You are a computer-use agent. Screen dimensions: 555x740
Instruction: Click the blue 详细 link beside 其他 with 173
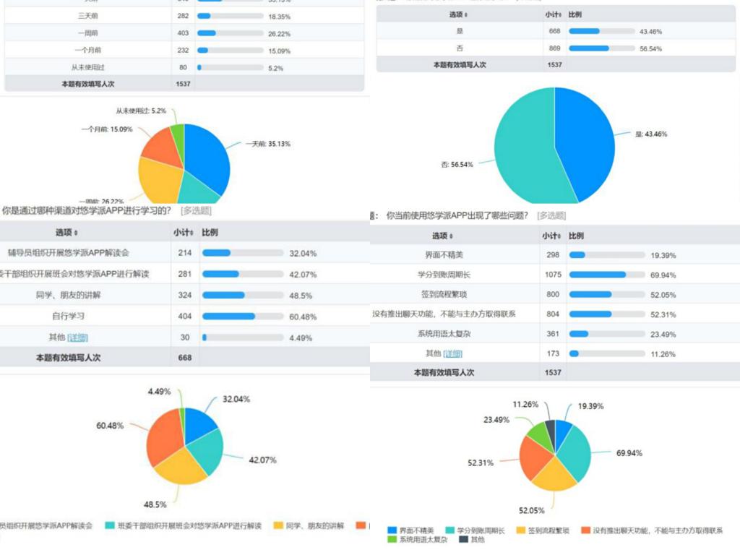453,353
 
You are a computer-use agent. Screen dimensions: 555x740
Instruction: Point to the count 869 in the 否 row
554,48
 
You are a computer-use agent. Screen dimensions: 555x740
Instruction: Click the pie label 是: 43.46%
650,134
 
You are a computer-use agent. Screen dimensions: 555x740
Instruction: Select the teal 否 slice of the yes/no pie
524,152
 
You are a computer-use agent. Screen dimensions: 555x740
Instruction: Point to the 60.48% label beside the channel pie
110,425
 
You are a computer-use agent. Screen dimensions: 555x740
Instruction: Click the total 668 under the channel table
185,357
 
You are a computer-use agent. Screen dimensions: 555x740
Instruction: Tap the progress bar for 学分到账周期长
606,275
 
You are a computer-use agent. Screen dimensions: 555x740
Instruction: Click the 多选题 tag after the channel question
196,211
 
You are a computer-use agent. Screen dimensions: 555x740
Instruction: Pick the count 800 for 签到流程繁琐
554,294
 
